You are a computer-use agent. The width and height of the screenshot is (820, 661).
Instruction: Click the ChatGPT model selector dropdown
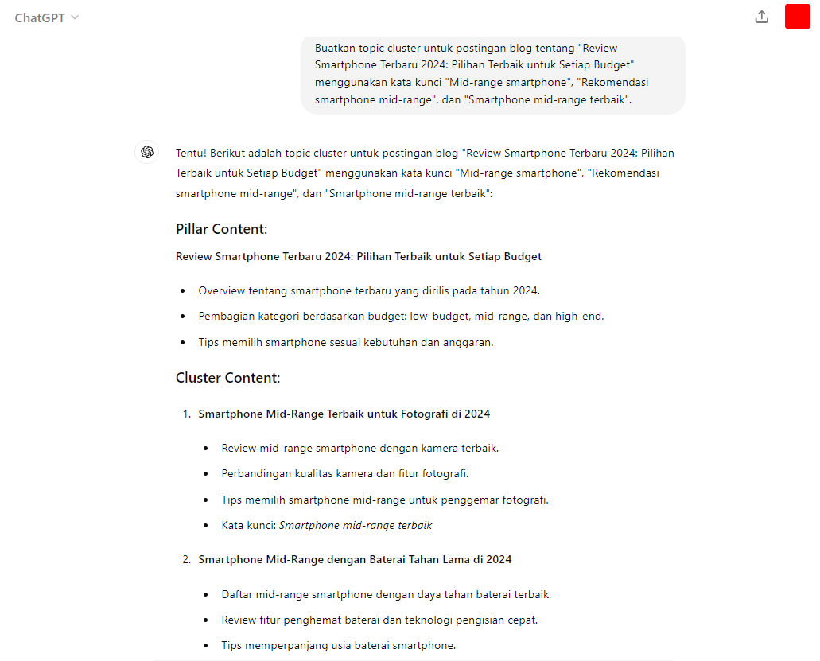[47, 17]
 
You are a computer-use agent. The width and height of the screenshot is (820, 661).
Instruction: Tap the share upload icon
[761, 17]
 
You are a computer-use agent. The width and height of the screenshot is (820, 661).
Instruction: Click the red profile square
[797, 17]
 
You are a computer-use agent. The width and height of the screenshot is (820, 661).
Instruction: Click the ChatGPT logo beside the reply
[146, 152]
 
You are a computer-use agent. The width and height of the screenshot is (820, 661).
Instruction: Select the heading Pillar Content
[221, 229]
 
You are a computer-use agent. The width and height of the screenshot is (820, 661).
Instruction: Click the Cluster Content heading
[227, 378]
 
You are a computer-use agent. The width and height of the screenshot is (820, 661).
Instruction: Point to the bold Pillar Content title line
[358, 256]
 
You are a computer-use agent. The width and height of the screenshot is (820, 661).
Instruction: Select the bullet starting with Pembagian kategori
[401, 316]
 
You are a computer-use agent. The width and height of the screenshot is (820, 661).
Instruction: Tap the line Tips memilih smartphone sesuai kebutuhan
[346, 342]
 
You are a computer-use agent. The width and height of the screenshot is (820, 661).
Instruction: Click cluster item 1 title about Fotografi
[344, 414]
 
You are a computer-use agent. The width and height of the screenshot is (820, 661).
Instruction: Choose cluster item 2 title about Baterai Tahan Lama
[355, 559]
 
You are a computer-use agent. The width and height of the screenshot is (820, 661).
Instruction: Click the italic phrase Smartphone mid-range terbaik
[356, 525]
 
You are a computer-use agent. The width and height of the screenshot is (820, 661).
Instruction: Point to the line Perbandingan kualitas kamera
[344, 473]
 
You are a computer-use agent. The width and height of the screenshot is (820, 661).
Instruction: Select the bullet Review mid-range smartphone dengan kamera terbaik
[359, 448]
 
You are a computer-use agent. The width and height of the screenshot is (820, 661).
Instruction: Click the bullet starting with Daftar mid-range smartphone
[386, 594]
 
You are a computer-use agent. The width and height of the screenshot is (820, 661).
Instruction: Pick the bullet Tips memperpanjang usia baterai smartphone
[339, 645]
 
